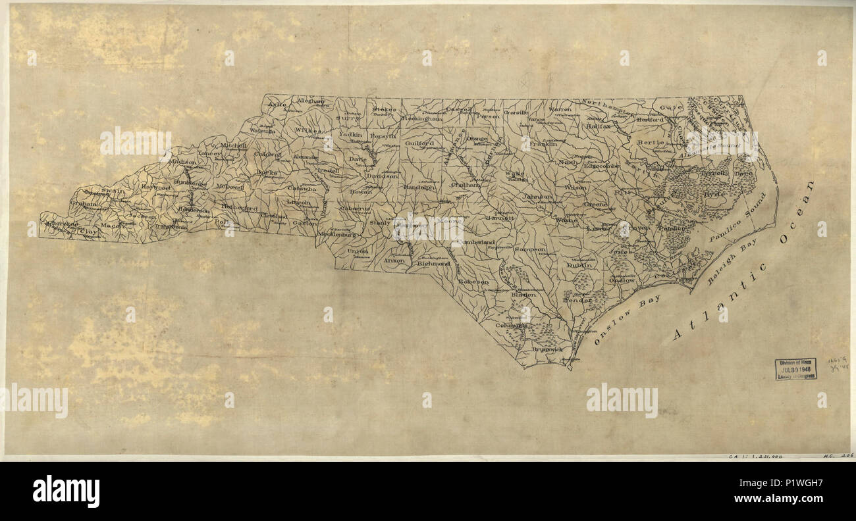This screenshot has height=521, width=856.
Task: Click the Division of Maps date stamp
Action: click(795, 368)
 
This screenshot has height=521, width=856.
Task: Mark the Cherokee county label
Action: click(61, 224)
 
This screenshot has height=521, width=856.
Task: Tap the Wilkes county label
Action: click(308, 131)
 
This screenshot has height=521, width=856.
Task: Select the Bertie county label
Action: click(649, 142)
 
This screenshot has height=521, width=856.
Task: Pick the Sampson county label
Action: click(530, 250)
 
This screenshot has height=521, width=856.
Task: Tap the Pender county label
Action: click(577, 300)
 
